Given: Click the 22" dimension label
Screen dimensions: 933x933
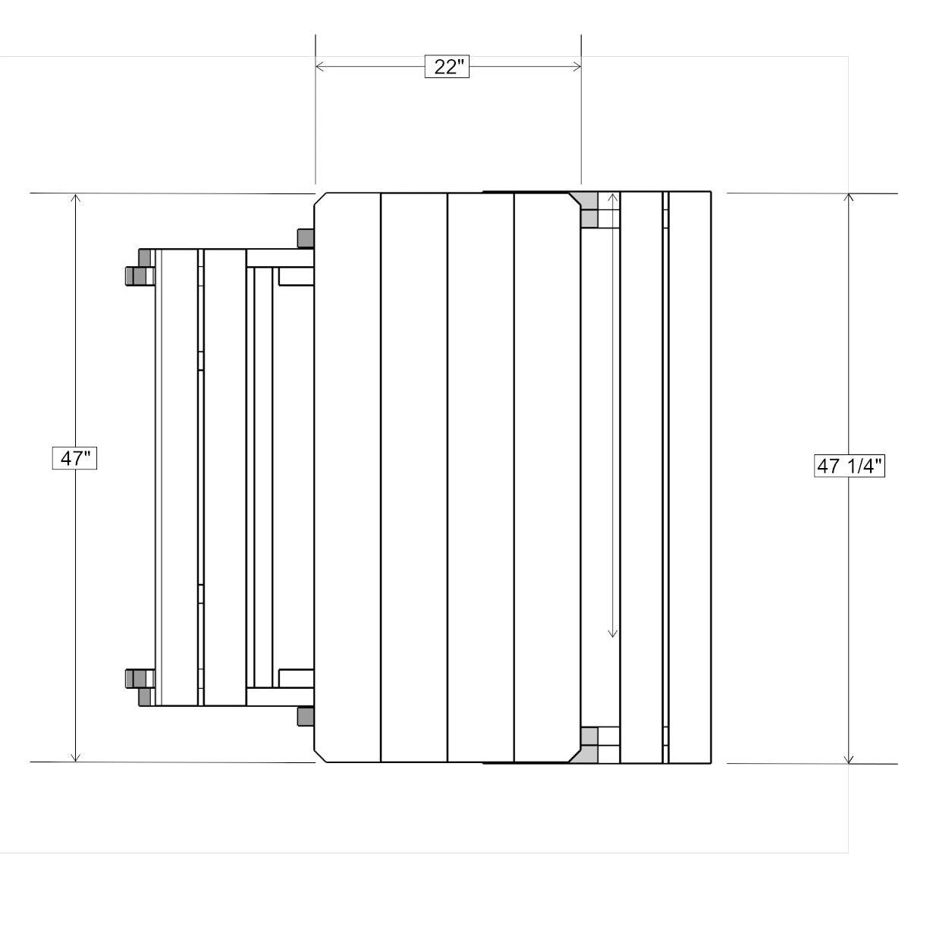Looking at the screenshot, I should (x=448, y=67).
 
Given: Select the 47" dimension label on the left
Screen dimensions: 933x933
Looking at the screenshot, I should (x=75, y=458).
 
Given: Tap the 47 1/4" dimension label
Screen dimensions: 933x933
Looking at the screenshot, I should (x=849, y=465).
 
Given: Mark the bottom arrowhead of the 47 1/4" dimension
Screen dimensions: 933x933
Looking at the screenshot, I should (x=849, y=758).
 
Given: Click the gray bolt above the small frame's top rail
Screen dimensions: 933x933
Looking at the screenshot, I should (x=306, y=237).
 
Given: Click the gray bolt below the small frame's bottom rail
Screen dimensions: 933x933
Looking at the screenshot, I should (x=306, y=715).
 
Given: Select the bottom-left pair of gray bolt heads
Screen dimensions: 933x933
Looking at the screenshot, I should (x=137, y=685).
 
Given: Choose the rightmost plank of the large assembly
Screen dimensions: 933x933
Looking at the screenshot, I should (x=690, y=478).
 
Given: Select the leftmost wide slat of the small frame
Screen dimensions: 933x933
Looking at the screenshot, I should (x=180, y=478).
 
